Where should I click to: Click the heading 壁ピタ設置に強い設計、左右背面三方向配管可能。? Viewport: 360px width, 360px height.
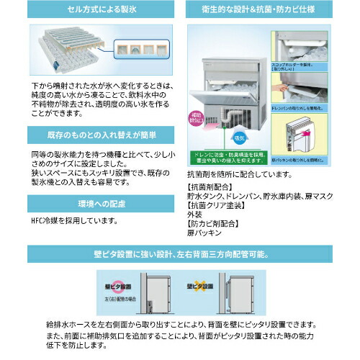(180, 254)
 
